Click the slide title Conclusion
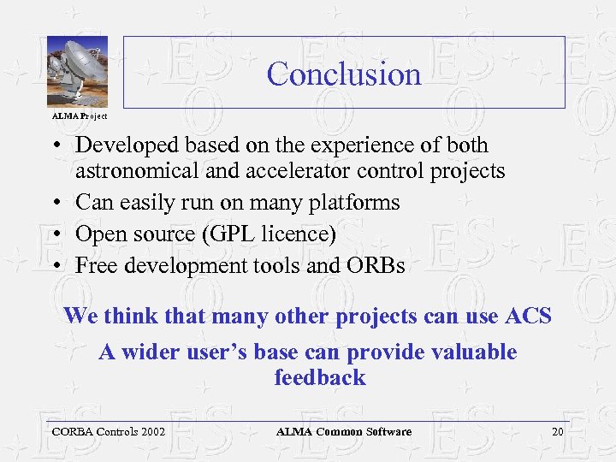tap(344, 74)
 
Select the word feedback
tap(319, 377)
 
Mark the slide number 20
tap(557, 432)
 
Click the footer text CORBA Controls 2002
tap(108, 432)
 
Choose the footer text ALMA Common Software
tap(344, 432)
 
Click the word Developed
tap(122, 145)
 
